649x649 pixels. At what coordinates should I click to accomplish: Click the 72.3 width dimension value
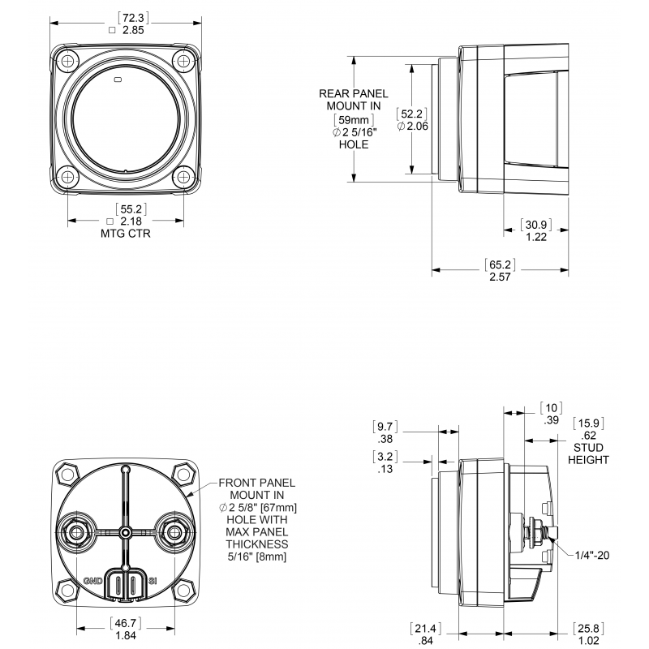pos(133,18)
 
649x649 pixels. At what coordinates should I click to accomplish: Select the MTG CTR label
pos(126,234)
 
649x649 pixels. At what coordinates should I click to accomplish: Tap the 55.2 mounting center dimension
pos(131,209)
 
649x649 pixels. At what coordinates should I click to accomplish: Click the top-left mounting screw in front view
pos(67,62)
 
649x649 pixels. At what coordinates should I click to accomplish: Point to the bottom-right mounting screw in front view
pos(183,178)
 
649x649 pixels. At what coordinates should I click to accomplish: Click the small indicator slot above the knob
pos(118,79)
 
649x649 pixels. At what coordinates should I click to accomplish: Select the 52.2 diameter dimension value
pos(411,114)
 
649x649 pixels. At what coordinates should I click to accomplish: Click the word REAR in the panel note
pos(333,94)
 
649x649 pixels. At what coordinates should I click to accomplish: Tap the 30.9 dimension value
pos(536,225)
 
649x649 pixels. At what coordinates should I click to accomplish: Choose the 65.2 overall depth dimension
pos(500,264)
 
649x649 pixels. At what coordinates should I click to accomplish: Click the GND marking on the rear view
pos(93,581)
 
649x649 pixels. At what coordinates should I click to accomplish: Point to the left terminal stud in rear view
pos(76,532)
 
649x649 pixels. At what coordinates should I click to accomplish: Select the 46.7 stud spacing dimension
pos(126,623)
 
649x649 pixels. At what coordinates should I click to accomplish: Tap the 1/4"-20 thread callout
pos(592,555)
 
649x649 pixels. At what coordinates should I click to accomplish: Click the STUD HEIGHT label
pos(588,453)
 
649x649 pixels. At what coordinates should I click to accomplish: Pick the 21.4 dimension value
pos(425,629)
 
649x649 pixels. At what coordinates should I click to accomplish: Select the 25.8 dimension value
pos(588,629)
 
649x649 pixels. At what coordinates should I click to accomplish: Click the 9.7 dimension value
pos(385,427)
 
